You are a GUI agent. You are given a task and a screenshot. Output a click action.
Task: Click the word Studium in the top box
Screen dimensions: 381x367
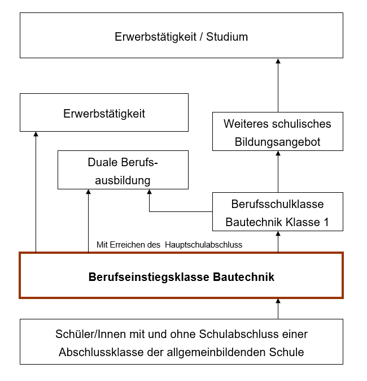click(227, 37)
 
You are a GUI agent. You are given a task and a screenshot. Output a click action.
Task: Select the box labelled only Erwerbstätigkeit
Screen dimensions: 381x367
click(104, 114)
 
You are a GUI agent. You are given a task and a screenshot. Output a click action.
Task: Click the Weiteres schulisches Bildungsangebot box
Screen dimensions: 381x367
click(277, 132)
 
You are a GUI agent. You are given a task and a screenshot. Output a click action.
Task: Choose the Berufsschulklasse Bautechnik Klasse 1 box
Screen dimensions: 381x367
click(277, 213)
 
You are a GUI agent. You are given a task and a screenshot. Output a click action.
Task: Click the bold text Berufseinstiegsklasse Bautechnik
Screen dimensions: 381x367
click(181, 277)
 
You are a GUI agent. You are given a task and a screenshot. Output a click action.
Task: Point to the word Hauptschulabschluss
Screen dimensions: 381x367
click(206, 245)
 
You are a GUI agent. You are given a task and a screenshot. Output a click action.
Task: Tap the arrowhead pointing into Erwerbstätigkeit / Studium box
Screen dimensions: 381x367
click(278, 61)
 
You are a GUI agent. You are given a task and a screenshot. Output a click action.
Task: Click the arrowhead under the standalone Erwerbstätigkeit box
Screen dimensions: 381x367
click(36, 135)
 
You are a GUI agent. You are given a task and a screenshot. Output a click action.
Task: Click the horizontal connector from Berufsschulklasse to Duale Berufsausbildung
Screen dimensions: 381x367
click(181, 211)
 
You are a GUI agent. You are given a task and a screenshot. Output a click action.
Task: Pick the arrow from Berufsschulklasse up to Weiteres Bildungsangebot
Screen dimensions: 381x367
click(278, 172)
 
